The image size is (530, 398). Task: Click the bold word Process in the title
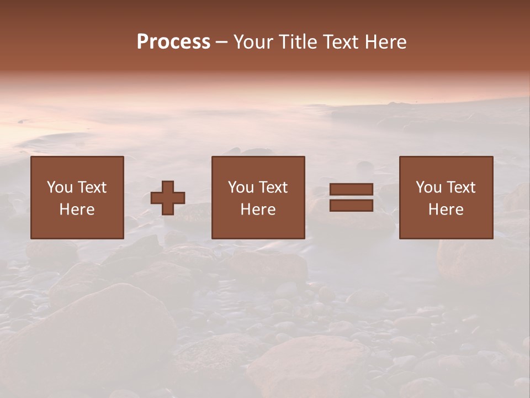coord(173,42)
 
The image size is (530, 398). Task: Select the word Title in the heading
coord(299,42)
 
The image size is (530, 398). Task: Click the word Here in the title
coord(387,42)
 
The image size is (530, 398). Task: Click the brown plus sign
coord(168,198)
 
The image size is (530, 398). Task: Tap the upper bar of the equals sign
coord(351,190)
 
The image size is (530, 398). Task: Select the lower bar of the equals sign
coord(351,206)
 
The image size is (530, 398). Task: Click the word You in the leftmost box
coord(60,187)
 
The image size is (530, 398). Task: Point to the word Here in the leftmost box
coord(77,210)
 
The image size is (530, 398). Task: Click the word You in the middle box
coord(241,187)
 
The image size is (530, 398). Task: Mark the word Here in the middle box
coord(258,210)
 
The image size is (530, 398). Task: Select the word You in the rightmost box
coord(428,187)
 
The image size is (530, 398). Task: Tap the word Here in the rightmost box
coord(446,210)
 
